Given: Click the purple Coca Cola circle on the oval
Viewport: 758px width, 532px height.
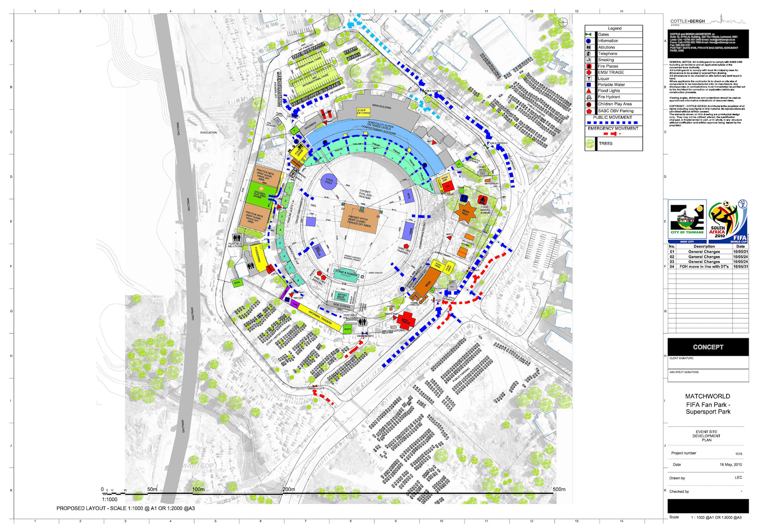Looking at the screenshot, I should coord(328,181).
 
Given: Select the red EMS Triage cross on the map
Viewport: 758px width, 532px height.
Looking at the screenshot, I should coord(405,320).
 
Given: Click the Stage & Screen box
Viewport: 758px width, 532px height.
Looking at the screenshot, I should coord(346,274).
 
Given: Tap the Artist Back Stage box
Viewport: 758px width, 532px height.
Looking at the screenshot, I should coord(341,296).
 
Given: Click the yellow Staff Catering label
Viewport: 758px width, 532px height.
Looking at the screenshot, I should coord(363,112).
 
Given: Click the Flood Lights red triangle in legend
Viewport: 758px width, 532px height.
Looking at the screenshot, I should coord(589,91).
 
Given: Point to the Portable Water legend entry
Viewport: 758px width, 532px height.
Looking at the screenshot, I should coord(611,85).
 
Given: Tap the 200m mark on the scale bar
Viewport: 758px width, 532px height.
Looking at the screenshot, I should coord(288,490).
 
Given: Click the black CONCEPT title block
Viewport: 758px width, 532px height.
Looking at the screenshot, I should coord(708,347).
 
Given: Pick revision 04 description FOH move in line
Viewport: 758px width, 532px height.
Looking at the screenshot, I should coord(704,267).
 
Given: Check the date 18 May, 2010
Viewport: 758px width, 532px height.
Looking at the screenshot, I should coord(730,464).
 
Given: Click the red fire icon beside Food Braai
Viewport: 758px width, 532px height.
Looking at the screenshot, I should coord(482,200).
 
